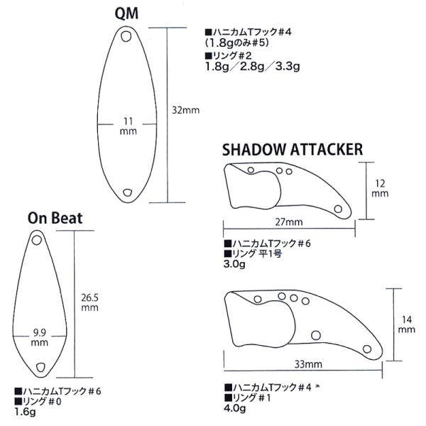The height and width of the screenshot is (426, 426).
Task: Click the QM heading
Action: pos(126,13)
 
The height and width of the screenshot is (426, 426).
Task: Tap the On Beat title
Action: pos(55,218)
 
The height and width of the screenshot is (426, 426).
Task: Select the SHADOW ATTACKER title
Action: pos(293,149)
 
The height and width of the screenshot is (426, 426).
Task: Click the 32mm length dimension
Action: pos(186,110)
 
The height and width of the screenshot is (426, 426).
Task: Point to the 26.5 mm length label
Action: pos(90,302)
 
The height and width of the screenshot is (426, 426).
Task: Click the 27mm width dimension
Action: pos(289,222)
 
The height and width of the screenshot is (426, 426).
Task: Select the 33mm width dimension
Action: pos(308,364)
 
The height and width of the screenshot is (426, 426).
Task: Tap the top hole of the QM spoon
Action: pos(126,36)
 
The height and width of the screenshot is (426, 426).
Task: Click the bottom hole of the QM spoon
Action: pos(127,192)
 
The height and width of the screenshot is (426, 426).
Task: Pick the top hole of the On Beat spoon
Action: pos(37,240)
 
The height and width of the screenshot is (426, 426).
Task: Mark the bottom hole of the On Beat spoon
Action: pos(40,367)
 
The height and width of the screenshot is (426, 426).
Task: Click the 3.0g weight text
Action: pos(234,264)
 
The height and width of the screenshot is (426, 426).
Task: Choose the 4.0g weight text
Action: pos(235,408)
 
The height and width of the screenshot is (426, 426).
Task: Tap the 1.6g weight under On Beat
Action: pos(25,412)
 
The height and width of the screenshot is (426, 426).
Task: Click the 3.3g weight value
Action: pos(288,67)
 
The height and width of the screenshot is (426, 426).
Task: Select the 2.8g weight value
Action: pos(252,67)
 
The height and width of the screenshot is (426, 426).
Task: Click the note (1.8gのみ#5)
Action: pos(237,43)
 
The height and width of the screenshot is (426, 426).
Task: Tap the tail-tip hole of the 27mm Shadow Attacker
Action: pos(338,209)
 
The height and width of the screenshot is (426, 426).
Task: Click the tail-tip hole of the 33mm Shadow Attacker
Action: pos(367,349)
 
